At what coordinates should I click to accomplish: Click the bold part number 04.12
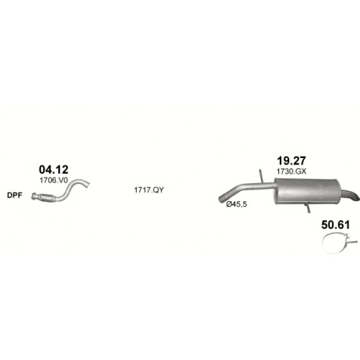(53, 170)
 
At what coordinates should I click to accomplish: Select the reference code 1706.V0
(53, 180)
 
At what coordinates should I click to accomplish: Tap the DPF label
(15, 195)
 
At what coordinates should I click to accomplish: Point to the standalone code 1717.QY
(149, 190)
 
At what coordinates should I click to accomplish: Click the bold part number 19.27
(292, 160)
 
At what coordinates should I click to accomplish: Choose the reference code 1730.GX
(292, 171)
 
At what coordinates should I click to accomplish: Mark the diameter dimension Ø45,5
(237, 204)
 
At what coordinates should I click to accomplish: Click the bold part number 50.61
(336, 225)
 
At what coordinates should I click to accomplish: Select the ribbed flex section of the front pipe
(46, 198)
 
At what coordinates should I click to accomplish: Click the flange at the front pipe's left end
(34, 197)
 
